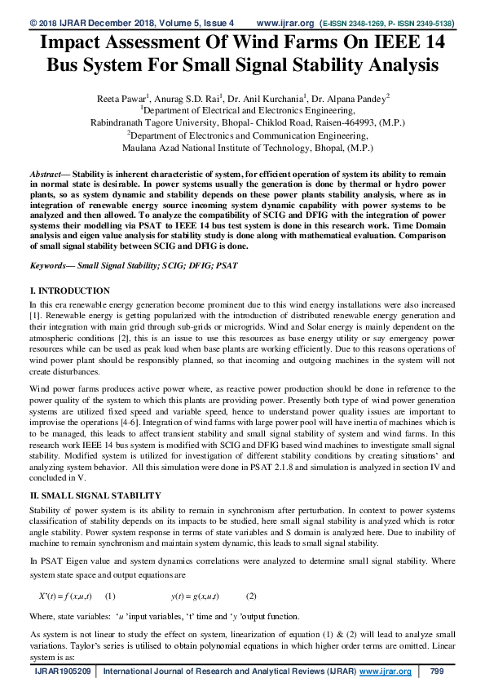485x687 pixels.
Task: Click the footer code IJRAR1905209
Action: coord(62,671)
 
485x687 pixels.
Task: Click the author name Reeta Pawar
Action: coord(121,98)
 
